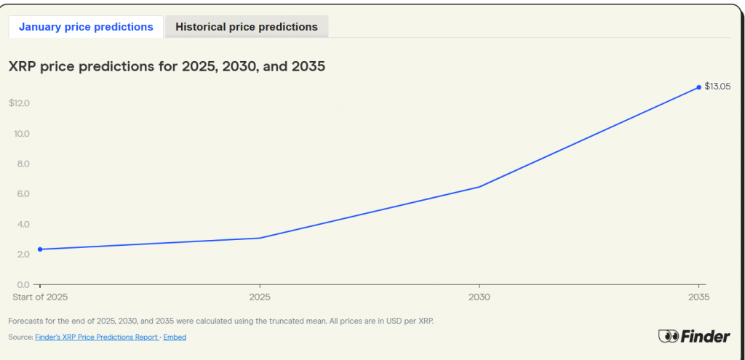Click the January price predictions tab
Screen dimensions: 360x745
(x=86, y=27)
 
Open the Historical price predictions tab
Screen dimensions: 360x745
(x=247, y=27)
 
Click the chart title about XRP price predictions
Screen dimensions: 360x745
(x=166, y=67)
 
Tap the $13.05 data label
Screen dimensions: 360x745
(x=717, y=87)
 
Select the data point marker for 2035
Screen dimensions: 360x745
(x=699, y=87)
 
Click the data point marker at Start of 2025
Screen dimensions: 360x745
(x=40, y=249)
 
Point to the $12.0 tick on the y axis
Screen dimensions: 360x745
(x=19, y=103)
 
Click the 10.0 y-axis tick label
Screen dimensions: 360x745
(x=21, y=134)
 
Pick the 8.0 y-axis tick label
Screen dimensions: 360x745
(x=22, y=164)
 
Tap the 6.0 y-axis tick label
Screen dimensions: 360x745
(x=22, y=194)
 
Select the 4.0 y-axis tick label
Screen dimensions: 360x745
(x=22, y=224)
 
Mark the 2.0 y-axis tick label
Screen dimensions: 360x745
(x=22, y=255)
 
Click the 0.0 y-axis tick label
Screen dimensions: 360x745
(x=22, y=284)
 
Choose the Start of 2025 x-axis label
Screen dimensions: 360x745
(x=40, y=297)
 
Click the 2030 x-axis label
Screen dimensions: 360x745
(x=479, y=297)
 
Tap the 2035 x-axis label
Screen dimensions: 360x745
(x=699, y=297)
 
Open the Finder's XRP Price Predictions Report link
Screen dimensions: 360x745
(x=97, y=337)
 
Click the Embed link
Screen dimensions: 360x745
(x=175, y=337)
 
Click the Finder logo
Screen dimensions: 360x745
(x=694, y=336)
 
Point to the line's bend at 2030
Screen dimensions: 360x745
(x=479, y=187)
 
